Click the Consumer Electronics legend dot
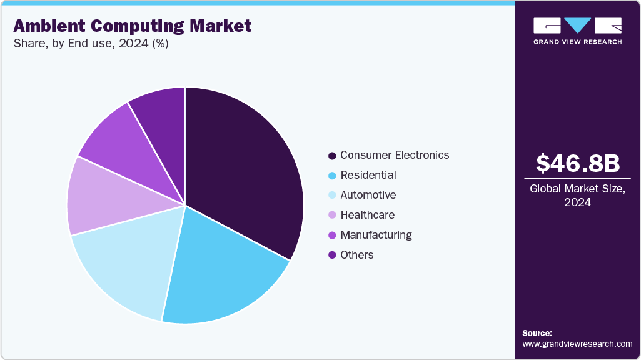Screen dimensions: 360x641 332,155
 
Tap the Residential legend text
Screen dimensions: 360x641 368,175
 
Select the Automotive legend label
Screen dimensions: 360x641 368,195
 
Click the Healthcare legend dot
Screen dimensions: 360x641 332,215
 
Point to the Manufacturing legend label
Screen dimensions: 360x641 376,235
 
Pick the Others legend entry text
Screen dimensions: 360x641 356,255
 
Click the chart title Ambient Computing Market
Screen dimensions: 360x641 132,26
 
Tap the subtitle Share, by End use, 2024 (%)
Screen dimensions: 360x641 91,44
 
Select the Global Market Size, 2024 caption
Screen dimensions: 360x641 578,196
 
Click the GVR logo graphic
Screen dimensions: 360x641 577,26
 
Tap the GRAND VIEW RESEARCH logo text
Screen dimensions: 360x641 577,42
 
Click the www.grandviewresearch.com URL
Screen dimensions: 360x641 577,344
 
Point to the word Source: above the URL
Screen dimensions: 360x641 537,333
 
